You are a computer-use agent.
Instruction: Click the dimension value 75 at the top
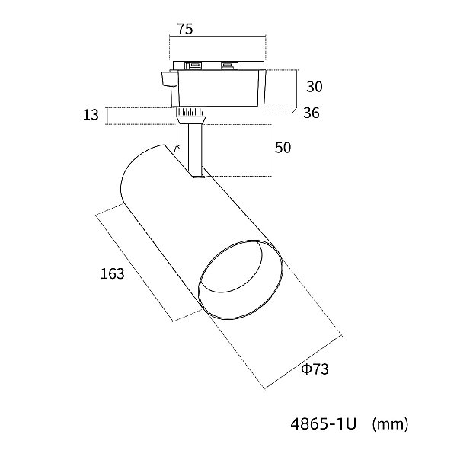185,29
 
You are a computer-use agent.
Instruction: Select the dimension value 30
314,87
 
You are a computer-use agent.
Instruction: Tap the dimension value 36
312,113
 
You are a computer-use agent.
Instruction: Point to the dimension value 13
91,115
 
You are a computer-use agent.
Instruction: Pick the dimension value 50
283,148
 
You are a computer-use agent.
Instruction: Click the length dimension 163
112,273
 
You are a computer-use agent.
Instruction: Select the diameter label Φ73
315,369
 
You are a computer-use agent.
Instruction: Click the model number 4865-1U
323,424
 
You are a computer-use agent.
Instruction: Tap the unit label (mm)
390,424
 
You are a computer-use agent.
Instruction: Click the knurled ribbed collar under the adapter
191,112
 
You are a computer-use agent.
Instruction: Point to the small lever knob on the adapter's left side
170,78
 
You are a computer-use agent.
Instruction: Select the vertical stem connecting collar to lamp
191,150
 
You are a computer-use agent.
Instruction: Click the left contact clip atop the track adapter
193,65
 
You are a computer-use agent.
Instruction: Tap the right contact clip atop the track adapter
228,65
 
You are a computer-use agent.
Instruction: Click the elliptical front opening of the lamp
241,280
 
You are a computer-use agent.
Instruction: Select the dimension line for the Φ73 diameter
303,363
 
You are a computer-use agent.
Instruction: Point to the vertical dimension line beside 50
271,150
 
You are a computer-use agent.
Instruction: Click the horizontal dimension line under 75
217,37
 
